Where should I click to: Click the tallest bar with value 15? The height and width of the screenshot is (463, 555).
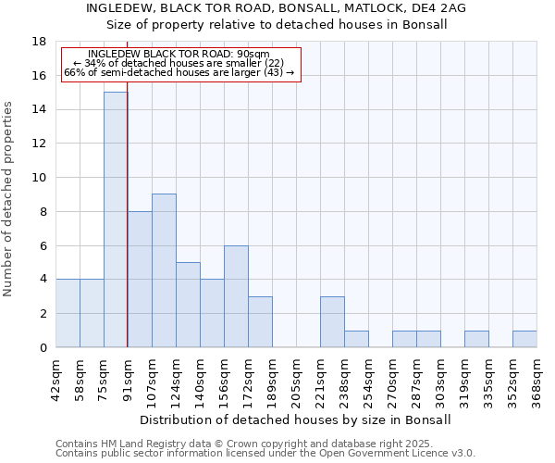[116, 219]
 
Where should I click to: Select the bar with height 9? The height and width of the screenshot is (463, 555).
[164, 270]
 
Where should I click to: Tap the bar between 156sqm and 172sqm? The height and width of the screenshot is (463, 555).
[236, 296]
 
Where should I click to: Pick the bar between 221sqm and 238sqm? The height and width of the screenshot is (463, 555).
[332, 321]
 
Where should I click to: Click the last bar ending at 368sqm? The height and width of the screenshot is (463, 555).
[524, 339]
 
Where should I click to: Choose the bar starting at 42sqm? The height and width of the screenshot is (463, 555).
[68, 313]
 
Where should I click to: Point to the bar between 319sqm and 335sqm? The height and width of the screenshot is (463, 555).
[476, 339]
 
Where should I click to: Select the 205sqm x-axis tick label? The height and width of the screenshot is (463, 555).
[296, 381]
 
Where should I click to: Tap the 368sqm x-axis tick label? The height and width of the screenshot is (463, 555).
[536, 381]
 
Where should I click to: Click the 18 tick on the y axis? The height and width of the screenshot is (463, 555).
[40, 42]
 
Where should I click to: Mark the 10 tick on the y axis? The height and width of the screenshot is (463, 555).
[40, 178]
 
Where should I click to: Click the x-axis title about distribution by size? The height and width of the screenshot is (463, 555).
[296, 419]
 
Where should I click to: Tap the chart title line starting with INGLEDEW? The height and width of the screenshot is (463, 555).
[276, 8]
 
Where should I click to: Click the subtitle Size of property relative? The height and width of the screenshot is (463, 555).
[276, 24]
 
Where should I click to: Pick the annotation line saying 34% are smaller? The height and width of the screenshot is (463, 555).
[179, 63]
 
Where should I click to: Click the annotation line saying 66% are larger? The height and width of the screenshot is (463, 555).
[179, 72]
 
